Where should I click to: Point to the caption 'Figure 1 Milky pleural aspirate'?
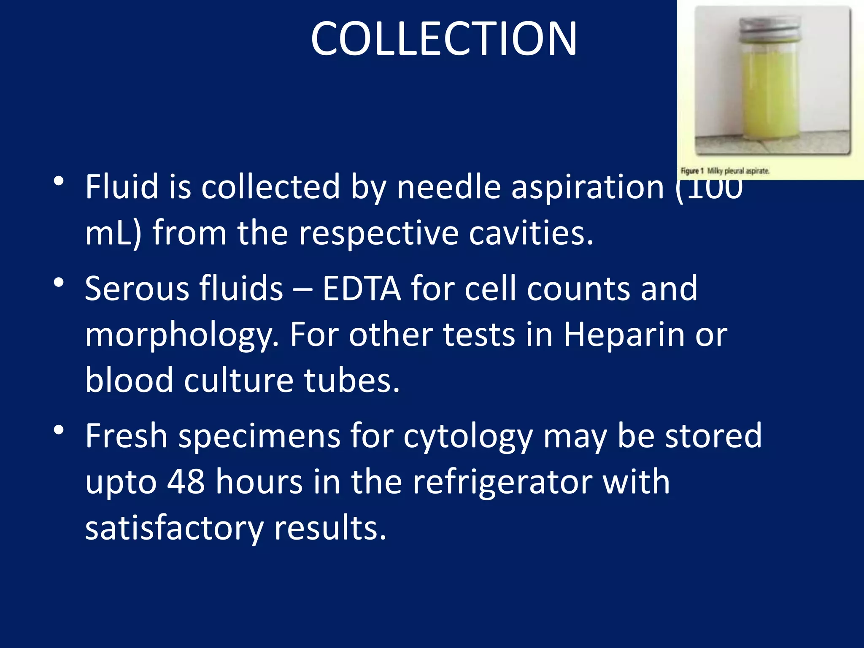pyautogui.click(x=725, y=171)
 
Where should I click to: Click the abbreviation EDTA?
pyautogui.click(x=362, y=289)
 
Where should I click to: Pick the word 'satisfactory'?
pyautogui.click(x=174, y=528)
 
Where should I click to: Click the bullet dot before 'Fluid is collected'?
pyautogui.click(x=59, y=182)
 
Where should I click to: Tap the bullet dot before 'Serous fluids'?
pyautogui.click(x=59, y=283)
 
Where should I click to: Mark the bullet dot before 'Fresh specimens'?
pyautogui.click(x=59, y=430)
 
